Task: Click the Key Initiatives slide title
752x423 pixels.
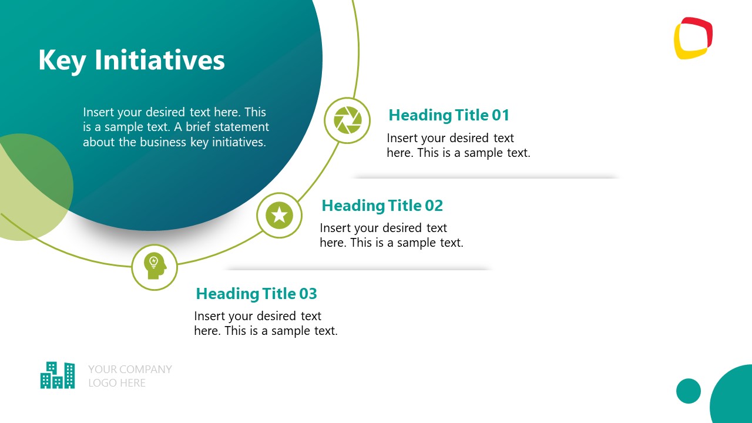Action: (x=131, y=61)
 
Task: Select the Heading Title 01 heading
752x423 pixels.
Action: (x=449, y=115)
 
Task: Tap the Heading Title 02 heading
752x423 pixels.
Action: (x=382, y=206)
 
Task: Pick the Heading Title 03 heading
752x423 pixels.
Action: (x=256, y=293)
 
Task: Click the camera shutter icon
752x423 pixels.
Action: (x=347, y=120)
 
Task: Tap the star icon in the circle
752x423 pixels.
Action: (x=280, y=215)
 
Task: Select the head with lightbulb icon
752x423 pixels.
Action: (x=154, y=267)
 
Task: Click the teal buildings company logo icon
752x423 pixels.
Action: (x=58, y=375)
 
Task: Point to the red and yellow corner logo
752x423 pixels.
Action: (x=693, y=38)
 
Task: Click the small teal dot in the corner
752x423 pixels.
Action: (x=689, y=391)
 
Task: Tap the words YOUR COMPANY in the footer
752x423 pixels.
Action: (x=130, y=369)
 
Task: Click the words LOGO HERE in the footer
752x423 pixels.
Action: (x=117, y=383)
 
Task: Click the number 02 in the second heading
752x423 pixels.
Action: (x=434, y=206)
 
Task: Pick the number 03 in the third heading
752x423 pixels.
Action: (x=308, y=293)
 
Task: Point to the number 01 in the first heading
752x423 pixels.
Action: (x=501, y=115)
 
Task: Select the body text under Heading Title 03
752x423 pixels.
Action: (x=266, y=324)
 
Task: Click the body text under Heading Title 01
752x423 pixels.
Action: (x=458, y=146)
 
